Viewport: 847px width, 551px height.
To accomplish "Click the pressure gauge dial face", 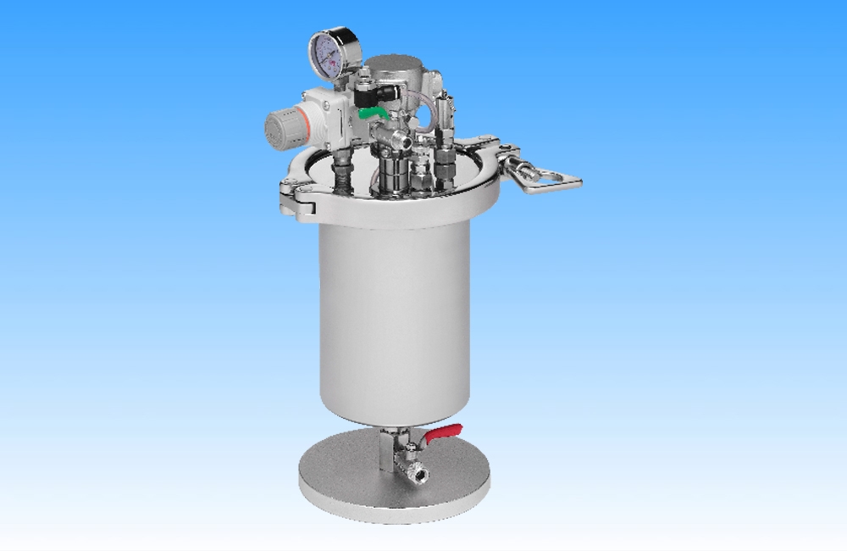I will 329,50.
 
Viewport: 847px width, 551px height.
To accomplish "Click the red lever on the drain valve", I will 443,433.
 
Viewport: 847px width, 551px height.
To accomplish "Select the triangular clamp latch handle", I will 551,180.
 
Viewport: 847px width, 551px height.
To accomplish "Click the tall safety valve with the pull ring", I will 443,136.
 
